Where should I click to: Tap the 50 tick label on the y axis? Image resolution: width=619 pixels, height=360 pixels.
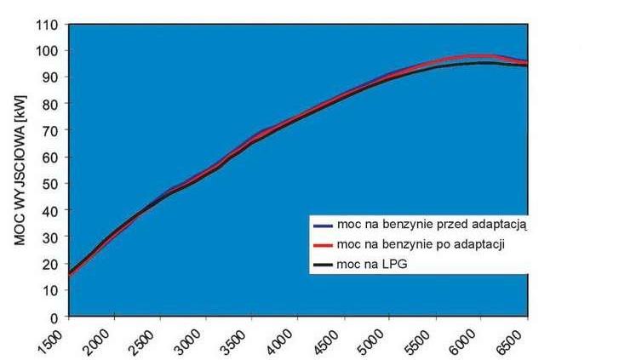[x=51, y=184]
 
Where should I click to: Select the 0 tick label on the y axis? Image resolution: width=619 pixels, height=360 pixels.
[x=54, y=317]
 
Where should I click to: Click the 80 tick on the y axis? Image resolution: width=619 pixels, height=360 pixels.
[x=51, y=105]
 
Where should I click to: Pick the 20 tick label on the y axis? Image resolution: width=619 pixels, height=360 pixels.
[x=51, y=264]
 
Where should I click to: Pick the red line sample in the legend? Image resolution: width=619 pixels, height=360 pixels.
[x=323, y=246]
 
